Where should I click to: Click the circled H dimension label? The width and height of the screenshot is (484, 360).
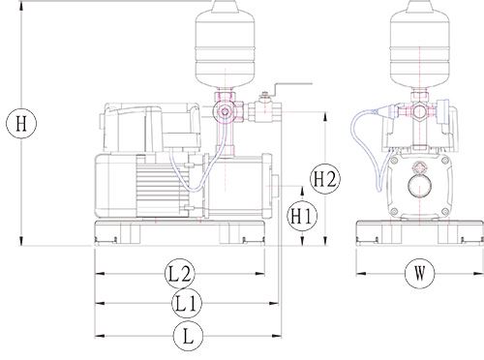[x=21, y=124]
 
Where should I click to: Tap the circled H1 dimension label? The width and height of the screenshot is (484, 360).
[x=302, y=216]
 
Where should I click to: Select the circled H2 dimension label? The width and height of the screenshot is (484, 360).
[x=325, y=179]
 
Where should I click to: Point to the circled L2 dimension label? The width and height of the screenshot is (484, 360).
[x=180, y=274]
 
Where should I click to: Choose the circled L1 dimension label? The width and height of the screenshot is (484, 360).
[x=187, y=304]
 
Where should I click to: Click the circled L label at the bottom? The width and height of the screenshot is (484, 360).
[x=188, y=336]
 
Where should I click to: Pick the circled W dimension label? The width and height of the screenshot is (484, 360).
[x=420, y=274]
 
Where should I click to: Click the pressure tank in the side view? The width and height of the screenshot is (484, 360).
[x=226, y=45]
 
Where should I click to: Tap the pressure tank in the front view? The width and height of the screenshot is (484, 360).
[x=420, y=45]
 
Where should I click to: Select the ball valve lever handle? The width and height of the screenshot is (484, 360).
[x=292, y=86]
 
